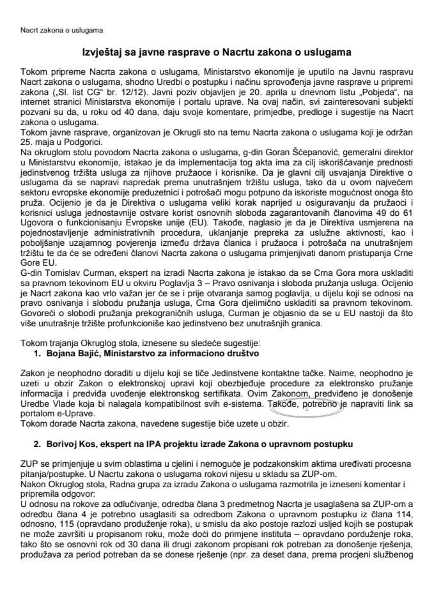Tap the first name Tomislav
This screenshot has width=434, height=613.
pos(54,273)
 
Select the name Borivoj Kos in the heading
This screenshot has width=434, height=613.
pos(74,443)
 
